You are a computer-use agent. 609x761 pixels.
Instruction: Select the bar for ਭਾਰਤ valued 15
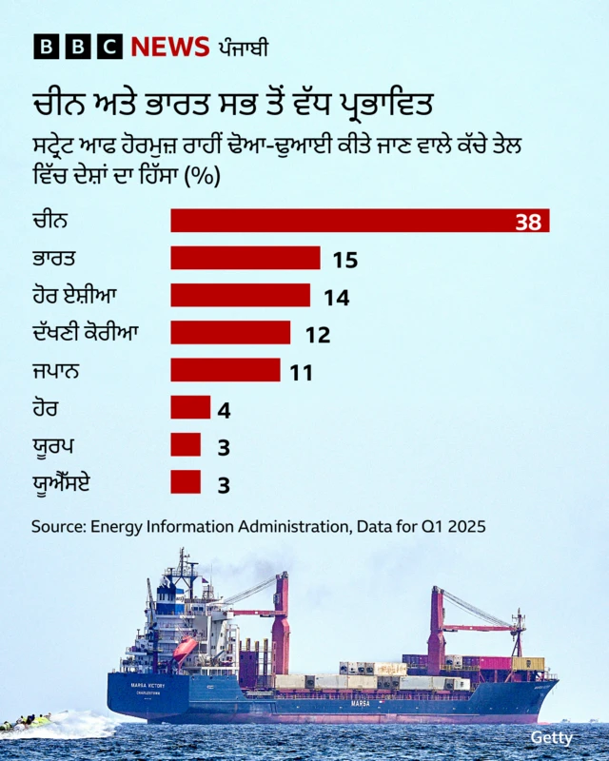[246, 258]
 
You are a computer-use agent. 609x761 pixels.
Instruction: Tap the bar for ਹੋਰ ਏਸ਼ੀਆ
[240, 295]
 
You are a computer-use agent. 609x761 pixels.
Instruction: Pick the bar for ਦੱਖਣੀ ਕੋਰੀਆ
[230, 332]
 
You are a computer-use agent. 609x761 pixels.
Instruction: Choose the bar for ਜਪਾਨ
[226, 369]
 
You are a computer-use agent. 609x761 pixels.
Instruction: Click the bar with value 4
[190, 407]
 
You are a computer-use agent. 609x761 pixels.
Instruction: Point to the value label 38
[528, 223]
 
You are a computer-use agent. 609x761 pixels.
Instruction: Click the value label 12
[318, 335]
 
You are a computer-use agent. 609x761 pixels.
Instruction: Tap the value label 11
[302, 373]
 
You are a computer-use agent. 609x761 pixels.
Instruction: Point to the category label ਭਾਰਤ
[53, 258]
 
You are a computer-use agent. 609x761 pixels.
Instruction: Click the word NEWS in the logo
[169, 47]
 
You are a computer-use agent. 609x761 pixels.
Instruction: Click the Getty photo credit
[552, 738]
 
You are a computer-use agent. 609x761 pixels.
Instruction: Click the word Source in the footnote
[57, 526]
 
